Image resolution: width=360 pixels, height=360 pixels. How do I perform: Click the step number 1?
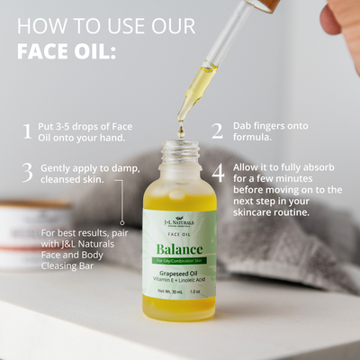pyautogui.click(x=27, y=131)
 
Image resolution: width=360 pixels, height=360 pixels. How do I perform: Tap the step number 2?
pyautogui.click(x=217, y=131)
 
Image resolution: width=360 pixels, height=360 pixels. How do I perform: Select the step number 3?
pyautogui.click(x=27, y=172)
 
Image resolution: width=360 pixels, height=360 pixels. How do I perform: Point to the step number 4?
pyautogui.click(x=218, y=172)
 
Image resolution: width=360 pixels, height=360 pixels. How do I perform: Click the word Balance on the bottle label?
pyautogui.click(x=179, y=248)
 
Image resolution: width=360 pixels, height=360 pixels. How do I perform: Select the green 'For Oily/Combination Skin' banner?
pyautogui.click(x=179, y=262)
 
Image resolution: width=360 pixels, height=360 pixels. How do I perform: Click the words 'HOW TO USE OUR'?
pyautogui.click(x=105, y=24)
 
